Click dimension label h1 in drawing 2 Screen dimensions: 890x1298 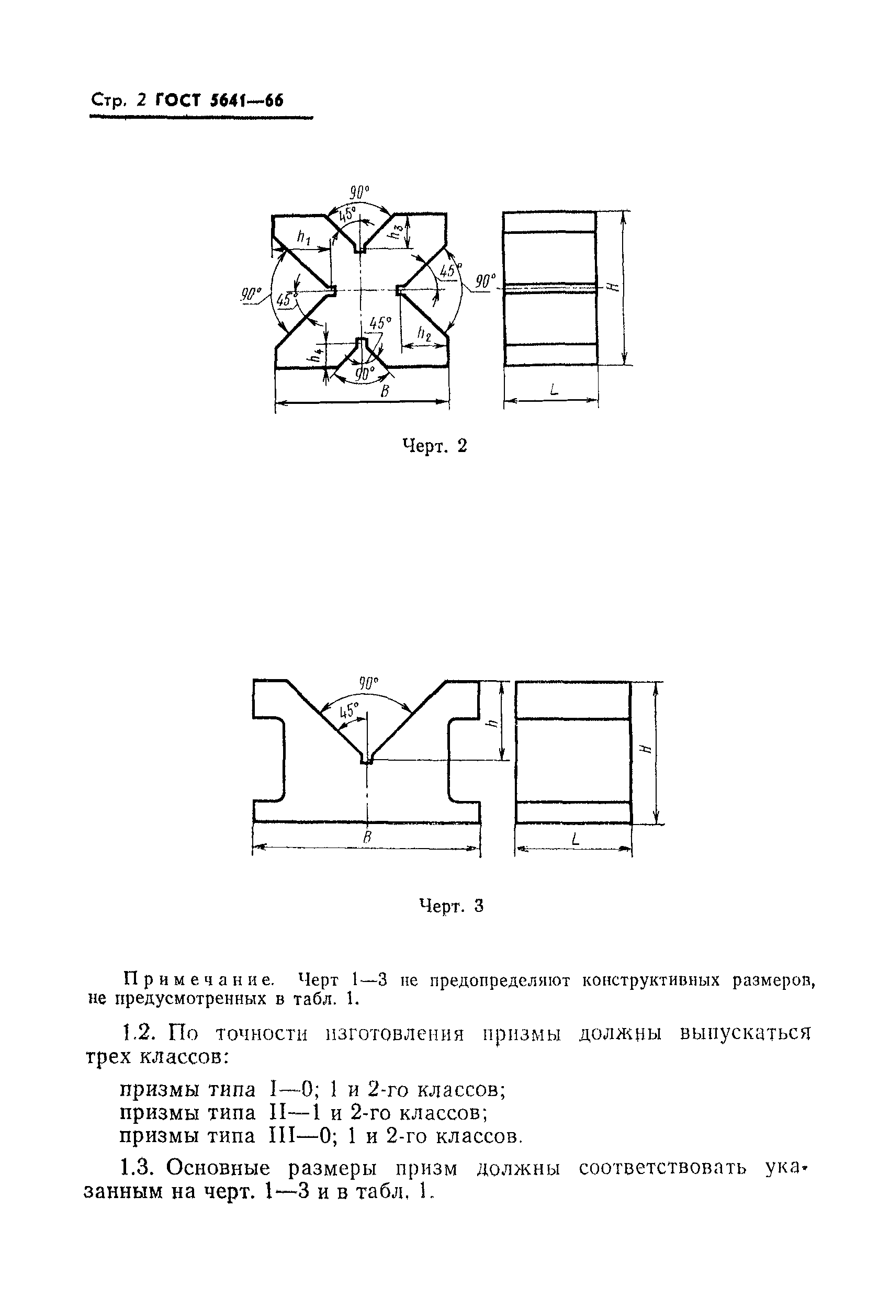point(303,238)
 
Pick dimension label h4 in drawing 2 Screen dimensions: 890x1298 point(317,355)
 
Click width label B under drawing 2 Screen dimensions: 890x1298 point(385,391)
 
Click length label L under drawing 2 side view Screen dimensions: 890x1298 point(553,390)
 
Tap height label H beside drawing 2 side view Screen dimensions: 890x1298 point(613,287)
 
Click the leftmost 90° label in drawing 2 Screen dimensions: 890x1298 point(252,295)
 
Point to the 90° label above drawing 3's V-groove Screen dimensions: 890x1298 point(368,683)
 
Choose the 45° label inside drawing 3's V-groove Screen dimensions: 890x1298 point(347,711)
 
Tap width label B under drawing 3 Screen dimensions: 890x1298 point(367,836)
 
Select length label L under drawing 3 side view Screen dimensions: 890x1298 point(576,838)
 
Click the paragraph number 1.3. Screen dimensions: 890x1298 point(139,1167)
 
